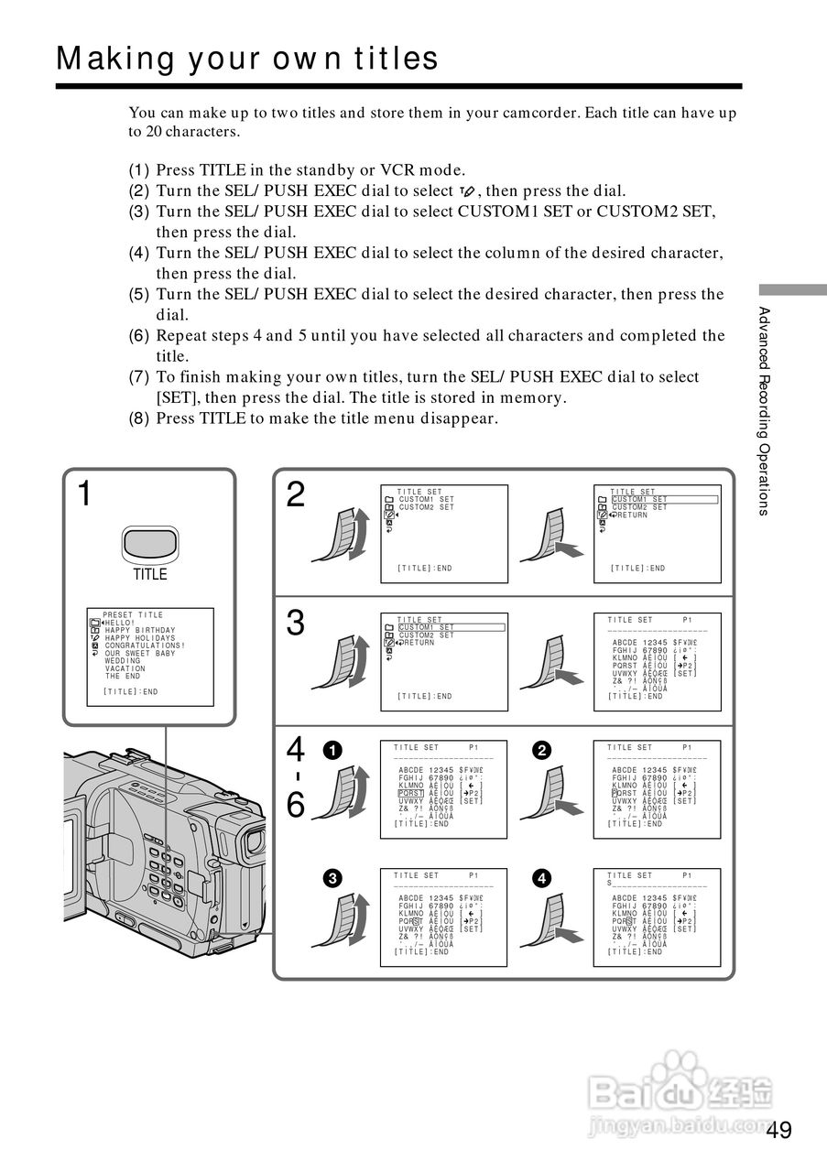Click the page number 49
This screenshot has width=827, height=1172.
[x=779, y=1130]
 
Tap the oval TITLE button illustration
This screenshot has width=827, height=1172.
[x=149, y=545]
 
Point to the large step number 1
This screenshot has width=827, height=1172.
[x=84, y=494]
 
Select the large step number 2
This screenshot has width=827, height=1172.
[x=295, y=494]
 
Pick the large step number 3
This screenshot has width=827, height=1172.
[x=295, y=623]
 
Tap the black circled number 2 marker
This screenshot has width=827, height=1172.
[x=542, y=750]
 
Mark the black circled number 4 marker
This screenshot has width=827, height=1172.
[x=542, y=878]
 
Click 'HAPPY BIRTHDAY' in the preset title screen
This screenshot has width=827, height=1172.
[x=139, y=631]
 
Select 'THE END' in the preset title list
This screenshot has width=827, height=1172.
[x=123, y=676]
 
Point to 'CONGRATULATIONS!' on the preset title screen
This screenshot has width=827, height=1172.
[x=145, y=646]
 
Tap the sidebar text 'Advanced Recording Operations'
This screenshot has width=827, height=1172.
[x=763, y=411]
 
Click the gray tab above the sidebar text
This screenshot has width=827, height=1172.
[x=792, y=289]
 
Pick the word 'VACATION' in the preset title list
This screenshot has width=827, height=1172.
[x=125, y=668]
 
